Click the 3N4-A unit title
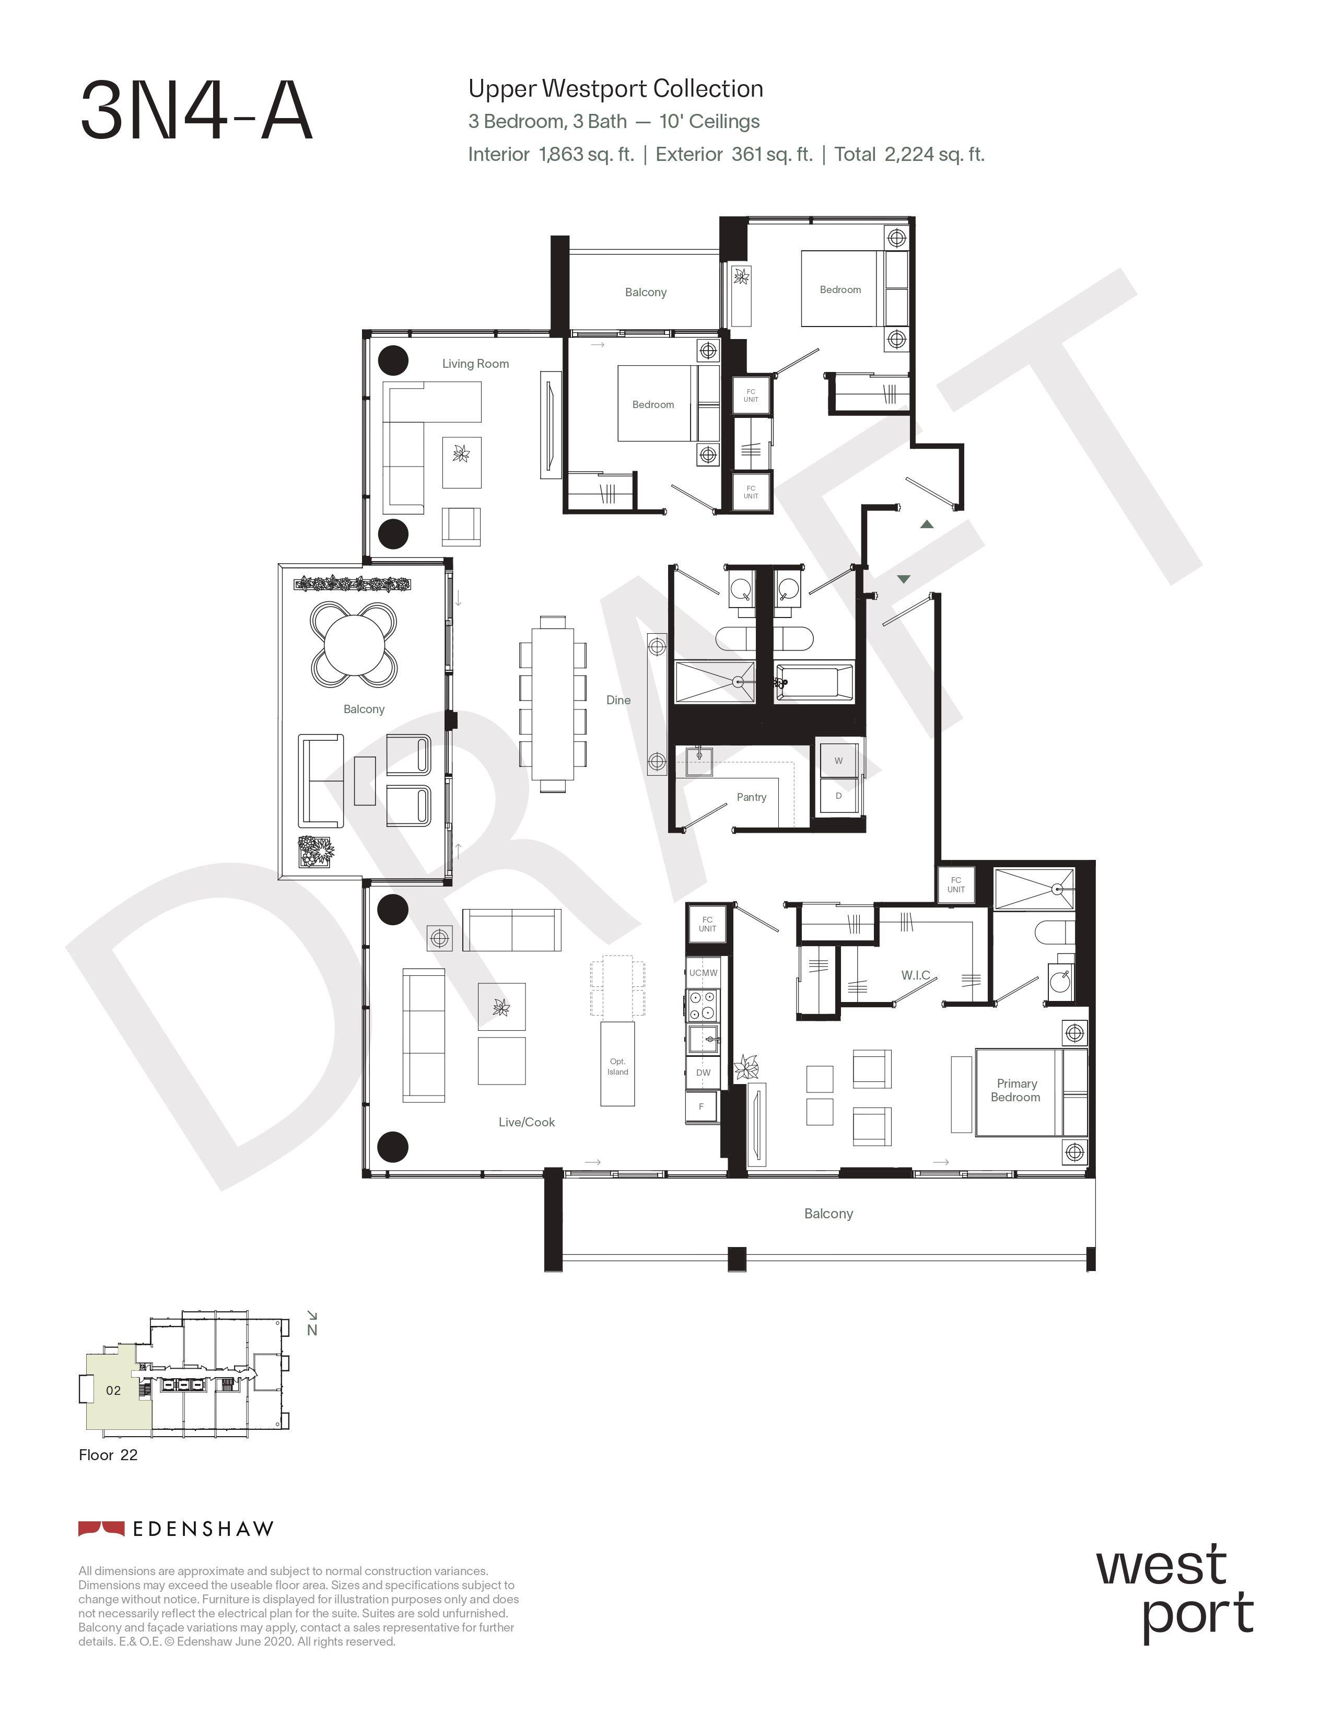196,111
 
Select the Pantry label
751,797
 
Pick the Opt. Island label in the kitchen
618,1066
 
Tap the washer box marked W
838,761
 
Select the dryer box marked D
838,796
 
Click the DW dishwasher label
703,1072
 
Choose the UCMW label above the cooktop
703,973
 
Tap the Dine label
618,700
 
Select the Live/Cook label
527,1122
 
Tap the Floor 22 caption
108,1455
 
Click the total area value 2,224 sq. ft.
934,154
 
